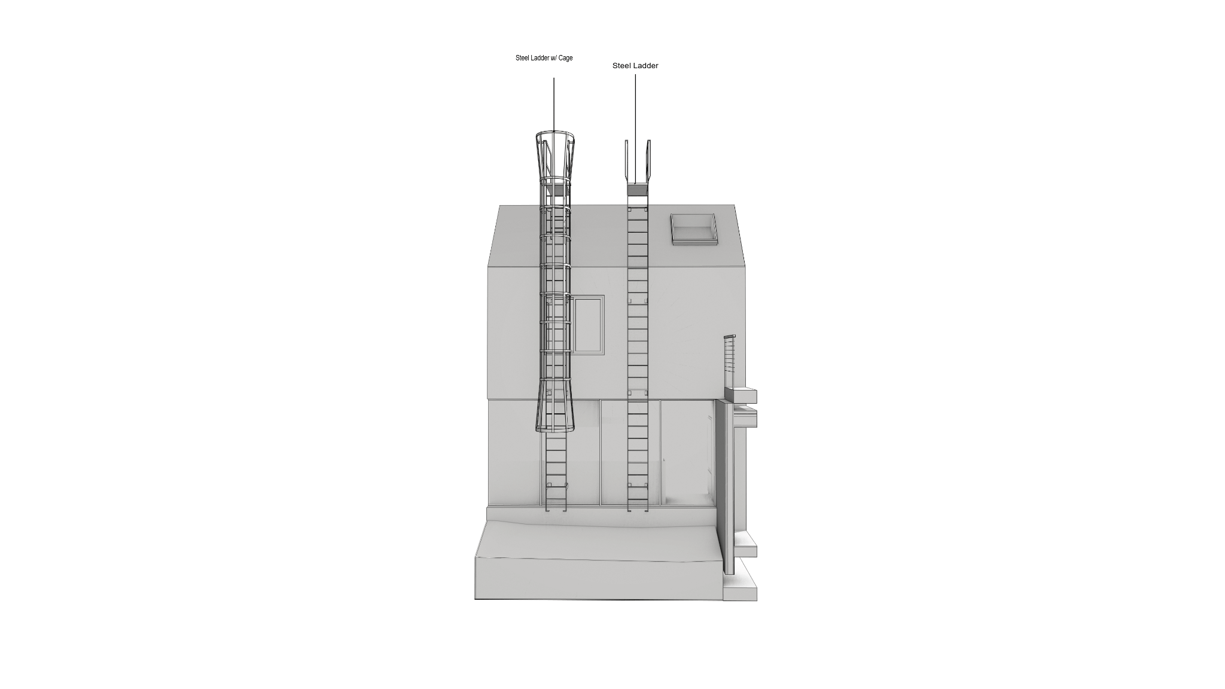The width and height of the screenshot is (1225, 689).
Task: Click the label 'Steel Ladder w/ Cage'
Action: (544, 58)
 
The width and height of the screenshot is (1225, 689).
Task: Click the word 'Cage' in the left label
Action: (565, 58)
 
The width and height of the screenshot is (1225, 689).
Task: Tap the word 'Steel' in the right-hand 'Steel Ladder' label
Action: (621, 66)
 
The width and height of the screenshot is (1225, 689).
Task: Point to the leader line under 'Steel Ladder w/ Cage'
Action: (553, 105)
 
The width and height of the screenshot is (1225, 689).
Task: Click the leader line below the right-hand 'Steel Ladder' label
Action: (635, 129)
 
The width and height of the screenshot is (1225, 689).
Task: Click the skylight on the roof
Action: (694, 228)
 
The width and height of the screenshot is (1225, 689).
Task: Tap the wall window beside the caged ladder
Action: (588, 325)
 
